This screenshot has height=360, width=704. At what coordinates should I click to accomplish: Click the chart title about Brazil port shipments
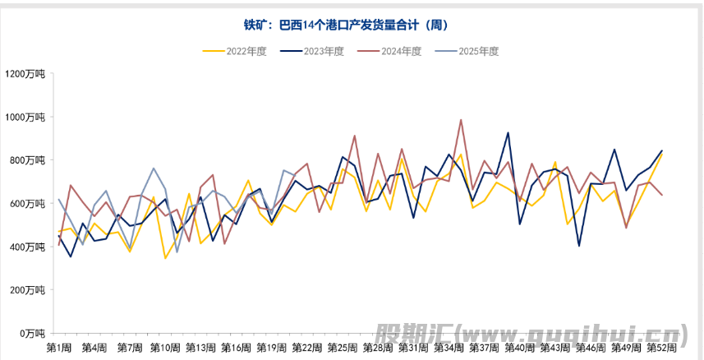[352, 25]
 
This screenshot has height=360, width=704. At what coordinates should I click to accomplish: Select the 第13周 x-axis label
[201, 348]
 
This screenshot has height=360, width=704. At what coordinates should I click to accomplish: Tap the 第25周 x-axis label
[343, 348]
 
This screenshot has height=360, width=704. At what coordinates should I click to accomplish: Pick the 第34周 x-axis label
[449, 348]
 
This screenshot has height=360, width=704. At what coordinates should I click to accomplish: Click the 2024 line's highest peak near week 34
[461, 120]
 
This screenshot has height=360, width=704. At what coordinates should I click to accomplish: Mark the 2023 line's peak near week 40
[508, 133]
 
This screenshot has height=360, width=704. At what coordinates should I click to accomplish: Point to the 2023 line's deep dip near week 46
[579, 246]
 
